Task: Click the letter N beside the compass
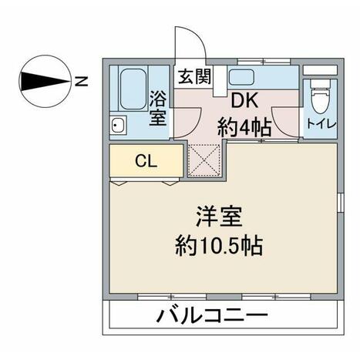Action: (81, 81)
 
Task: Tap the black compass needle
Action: (44, 82)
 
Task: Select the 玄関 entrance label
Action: (194, 76)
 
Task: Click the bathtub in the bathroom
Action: (133, 89)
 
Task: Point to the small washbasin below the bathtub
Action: (118, 125)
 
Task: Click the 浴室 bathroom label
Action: (158, 108)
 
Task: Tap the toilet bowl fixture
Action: (320, 97)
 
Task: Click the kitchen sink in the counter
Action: (241, 77)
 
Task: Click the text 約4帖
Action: (244, 127)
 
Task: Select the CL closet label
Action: (146, 161)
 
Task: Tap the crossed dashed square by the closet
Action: (204, 160)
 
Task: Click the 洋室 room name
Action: (219, 216)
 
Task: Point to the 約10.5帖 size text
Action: (219, 246)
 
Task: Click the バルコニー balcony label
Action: (213, 316)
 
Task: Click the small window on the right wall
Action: (341, 203)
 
